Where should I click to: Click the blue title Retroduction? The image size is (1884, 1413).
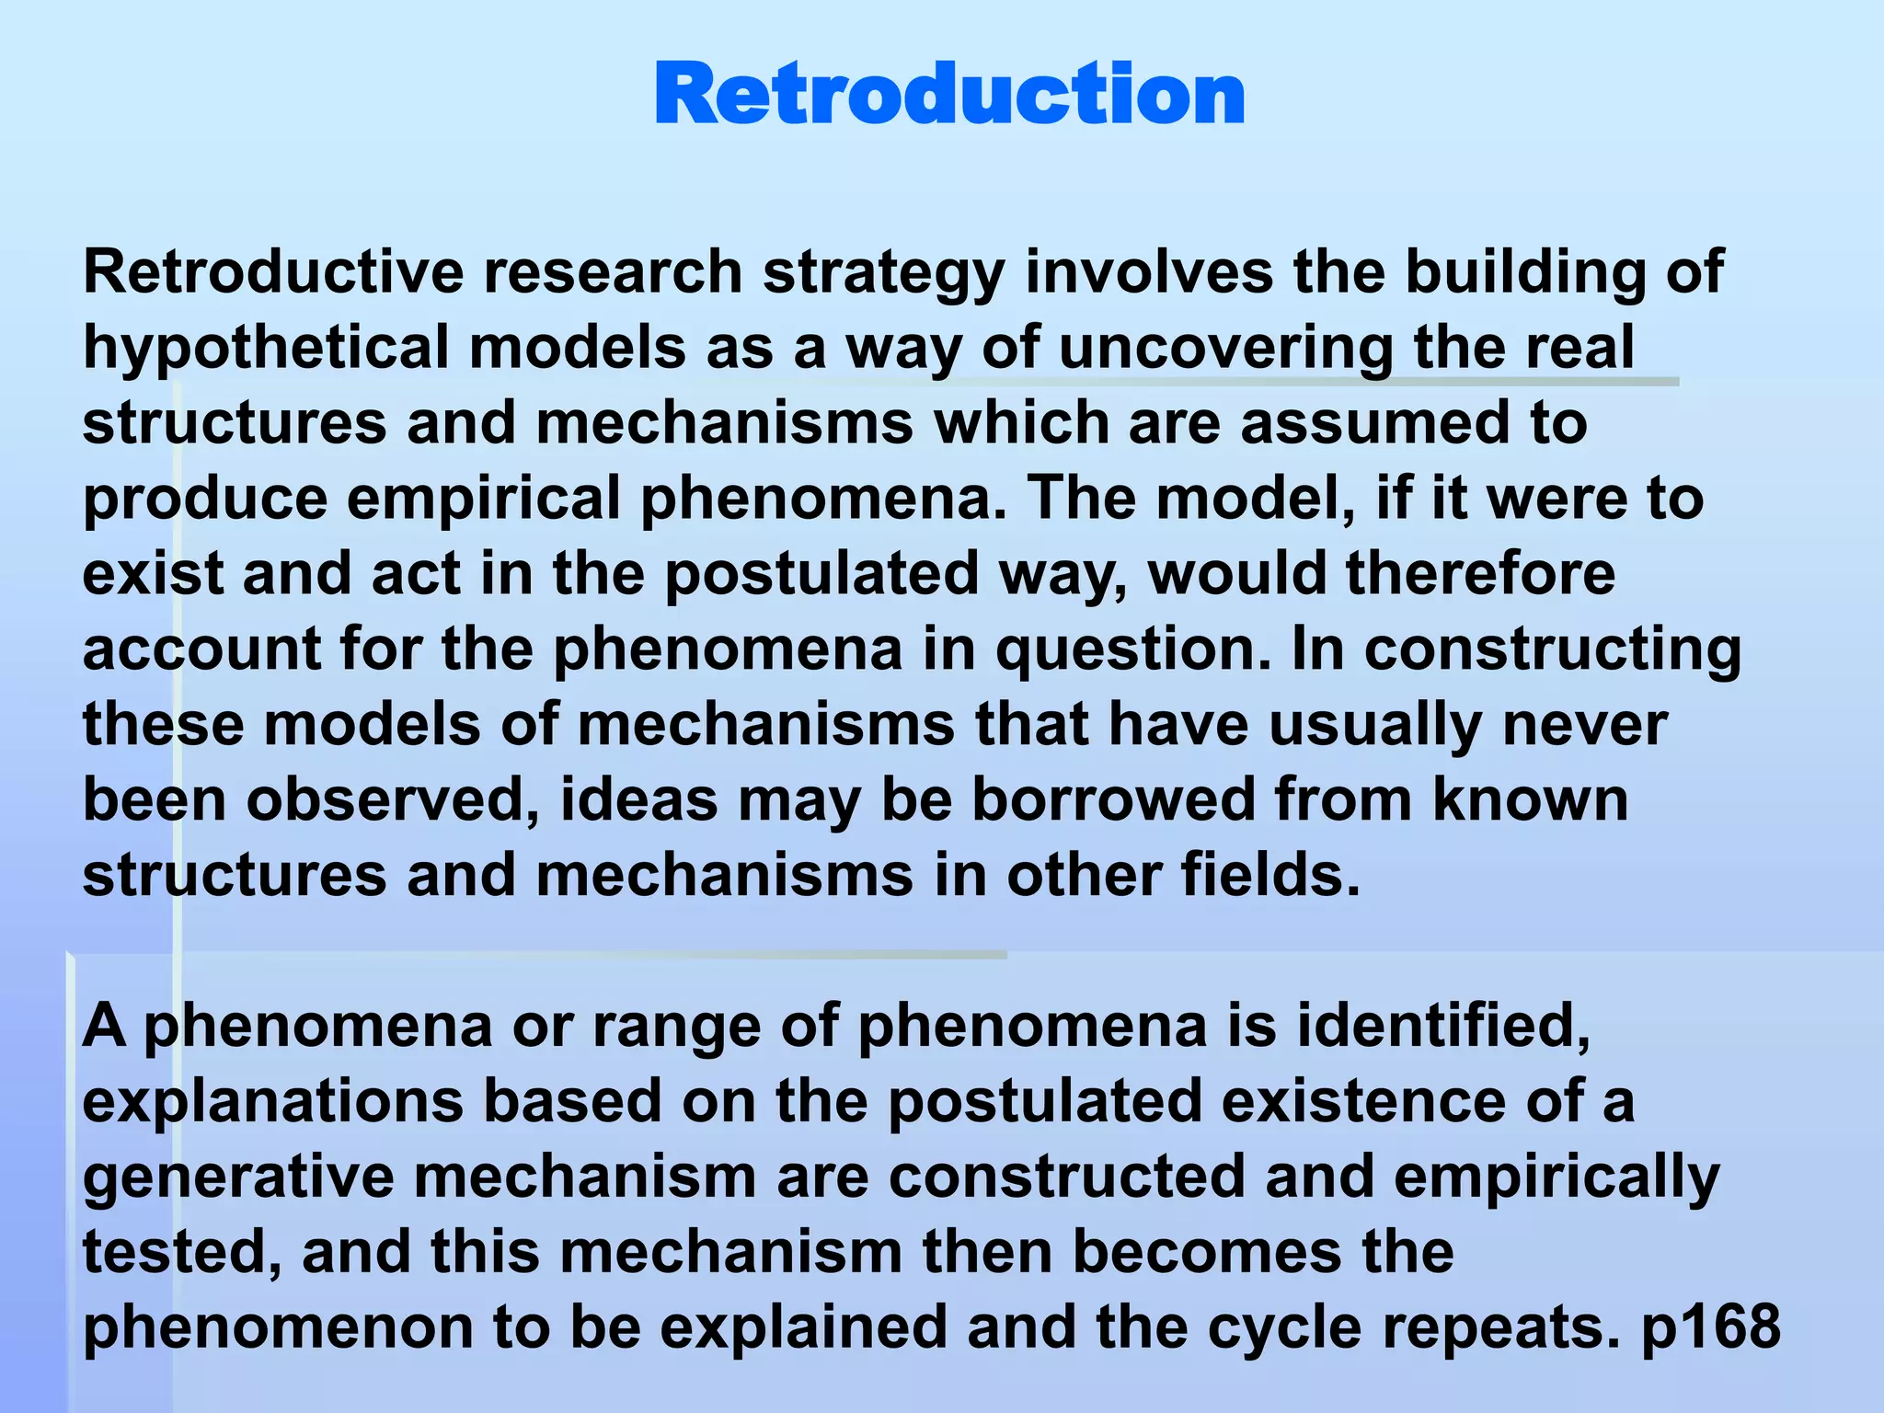pyautogui.click(x=949, y=95)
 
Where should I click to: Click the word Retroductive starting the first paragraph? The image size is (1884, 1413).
pyautogui.click(x=273, y=272)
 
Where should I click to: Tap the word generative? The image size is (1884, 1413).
pyautogui.click(x=238, y=1177)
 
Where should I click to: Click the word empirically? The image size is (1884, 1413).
pyautogui.click(x=1557, y=1177)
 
